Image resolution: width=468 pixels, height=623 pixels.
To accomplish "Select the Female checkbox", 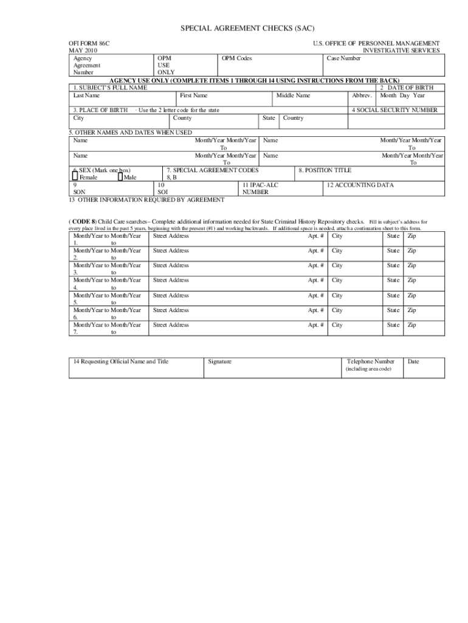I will (75, 177).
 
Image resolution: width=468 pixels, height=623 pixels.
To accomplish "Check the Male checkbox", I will (120, 177).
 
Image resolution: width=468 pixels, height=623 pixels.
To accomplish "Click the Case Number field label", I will (343, 58).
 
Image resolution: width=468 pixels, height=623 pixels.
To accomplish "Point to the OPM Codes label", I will (237, 58).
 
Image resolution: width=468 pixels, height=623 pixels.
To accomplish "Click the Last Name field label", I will (86, 96).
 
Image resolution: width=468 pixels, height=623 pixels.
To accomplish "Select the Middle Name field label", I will (293, 96).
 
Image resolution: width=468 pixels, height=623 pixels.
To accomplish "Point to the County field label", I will (182, 118).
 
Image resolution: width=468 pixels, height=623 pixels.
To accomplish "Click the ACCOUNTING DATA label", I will (360, 185).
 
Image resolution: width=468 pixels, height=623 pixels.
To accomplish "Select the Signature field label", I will (219, 362).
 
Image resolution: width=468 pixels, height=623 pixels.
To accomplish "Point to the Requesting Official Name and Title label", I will (121, 362).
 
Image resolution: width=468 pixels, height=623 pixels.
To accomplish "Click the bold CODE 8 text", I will (84, 221).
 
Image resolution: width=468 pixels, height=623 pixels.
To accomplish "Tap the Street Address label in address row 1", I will (171, 235).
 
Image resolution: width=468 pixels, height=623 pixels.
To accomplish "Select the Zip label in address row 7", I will (411, 325).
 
